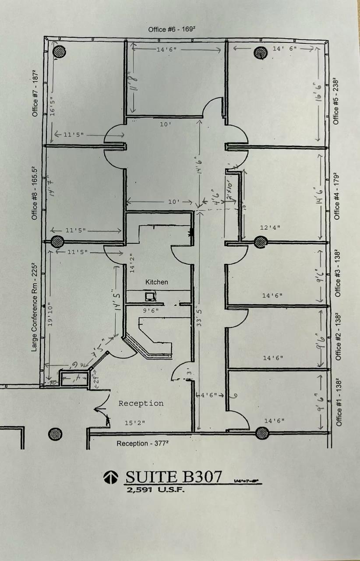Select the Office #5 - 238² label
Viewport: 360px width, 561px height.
click(x=336, y=101)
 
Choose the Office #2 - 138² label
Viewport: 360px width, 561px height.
click(x=337, y=337)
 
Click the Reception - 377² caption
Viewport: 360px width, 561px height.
click(x=143, y=444)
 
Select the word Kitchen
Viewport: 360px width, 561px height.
click(x=156, y=282)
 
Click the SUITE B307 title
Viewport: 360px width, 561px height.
click(x=174, y=476)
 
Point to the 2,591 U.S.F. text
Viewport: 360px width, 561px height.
click(x=155, y=490)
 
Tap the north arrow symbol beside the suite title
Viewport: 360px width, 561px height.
click(x=110, y=477)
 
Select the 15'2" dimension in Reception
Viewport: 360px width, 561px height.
click(x=134, y=423)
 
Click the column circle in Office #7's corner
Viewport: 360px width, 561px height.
click(x=59, y=52)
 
